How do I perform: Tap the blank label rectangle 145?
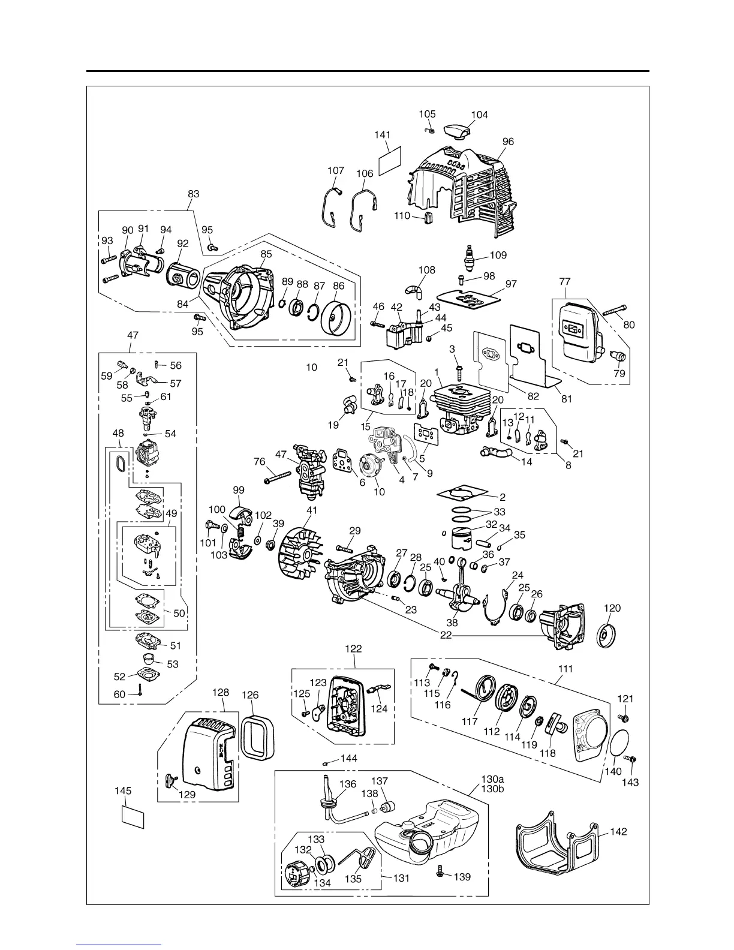133,816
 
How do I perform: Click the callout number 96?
508,142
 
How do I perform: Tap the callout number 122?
354,648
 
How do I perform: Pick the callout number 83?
193,194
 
